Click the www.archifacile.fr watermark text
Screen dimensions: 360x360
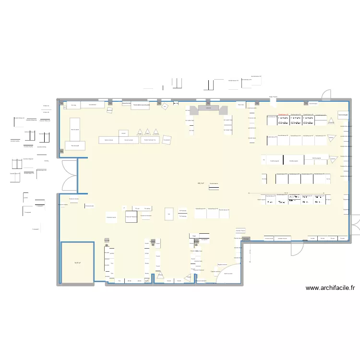click(x=330, y=288)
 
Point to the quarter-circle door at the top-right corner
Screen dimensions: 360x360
click(x=326, y=95)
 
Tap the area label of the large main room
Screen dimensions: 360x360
click(x=201, y=183)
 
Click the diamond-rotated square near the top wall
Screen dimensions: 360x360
click(x=165, y=107)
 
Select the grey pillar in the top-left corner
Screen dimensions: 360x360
click(x=61, y=103)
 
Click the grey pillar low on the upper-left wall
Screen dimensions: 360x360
click(x=61, y=152)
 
